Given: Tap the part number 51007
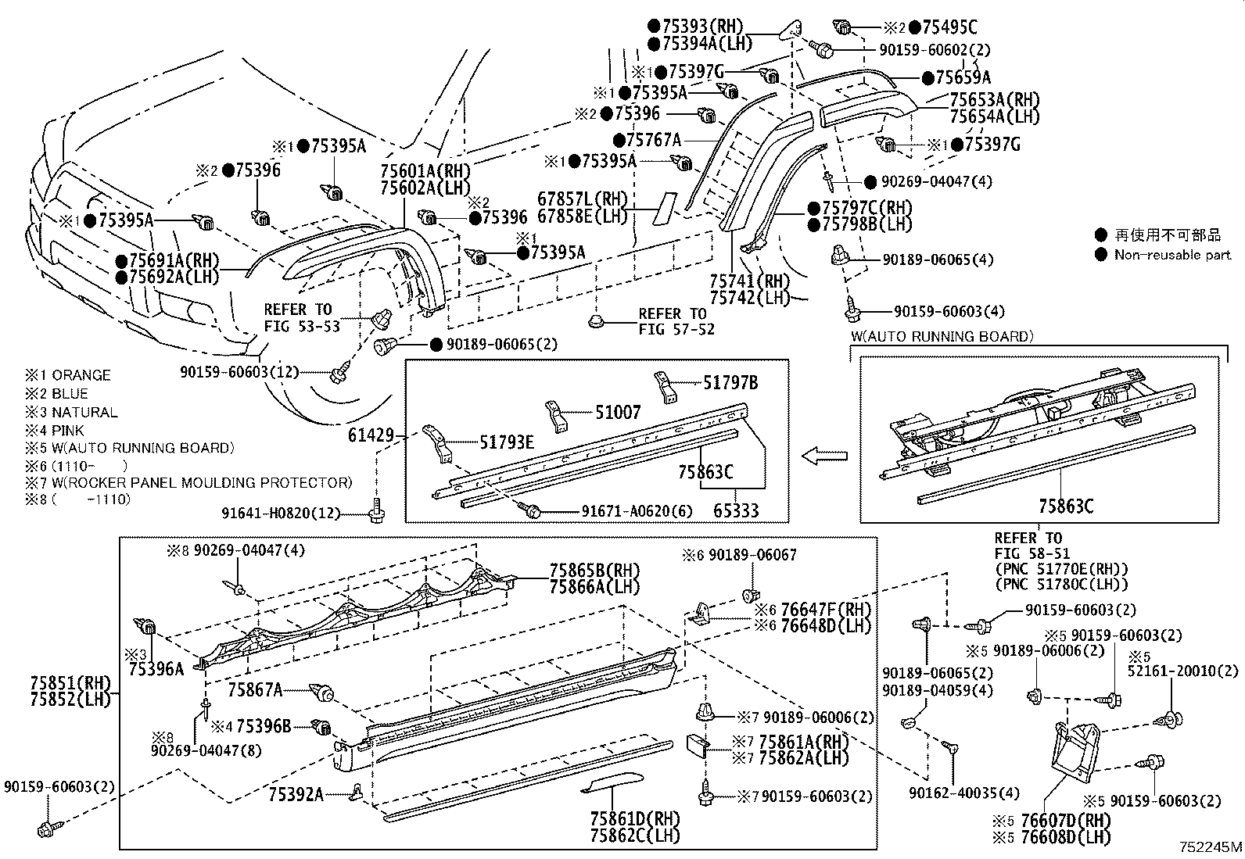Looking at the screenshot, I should [x=618, y=412].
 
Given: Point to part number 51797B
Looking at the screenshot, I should [x=730, y=383].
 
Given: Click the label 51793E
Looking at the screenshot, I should [x=508, y=443].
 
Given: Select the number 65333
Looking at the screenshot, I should [x=736, y=510].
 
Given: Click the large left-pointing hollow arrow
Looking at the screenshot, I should [x=825, y=455].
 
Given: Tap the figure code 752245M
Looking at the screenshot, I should [x=1211, y=846].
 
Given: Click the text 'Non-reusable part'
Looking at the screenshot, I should [x=1171, y=254].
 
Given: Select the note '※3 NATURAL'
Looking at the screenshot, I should [x=71, y=412].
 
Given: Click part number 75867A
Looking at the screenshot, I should [x=256, y=690].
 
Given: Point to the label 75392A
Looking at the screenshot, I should [x=296, y=794].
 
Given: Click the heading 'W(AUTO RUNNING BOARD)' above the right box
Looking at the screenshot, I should [x=942, y=337].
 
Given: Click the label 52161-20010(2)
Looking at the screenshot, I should [x=1185, y=671].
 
